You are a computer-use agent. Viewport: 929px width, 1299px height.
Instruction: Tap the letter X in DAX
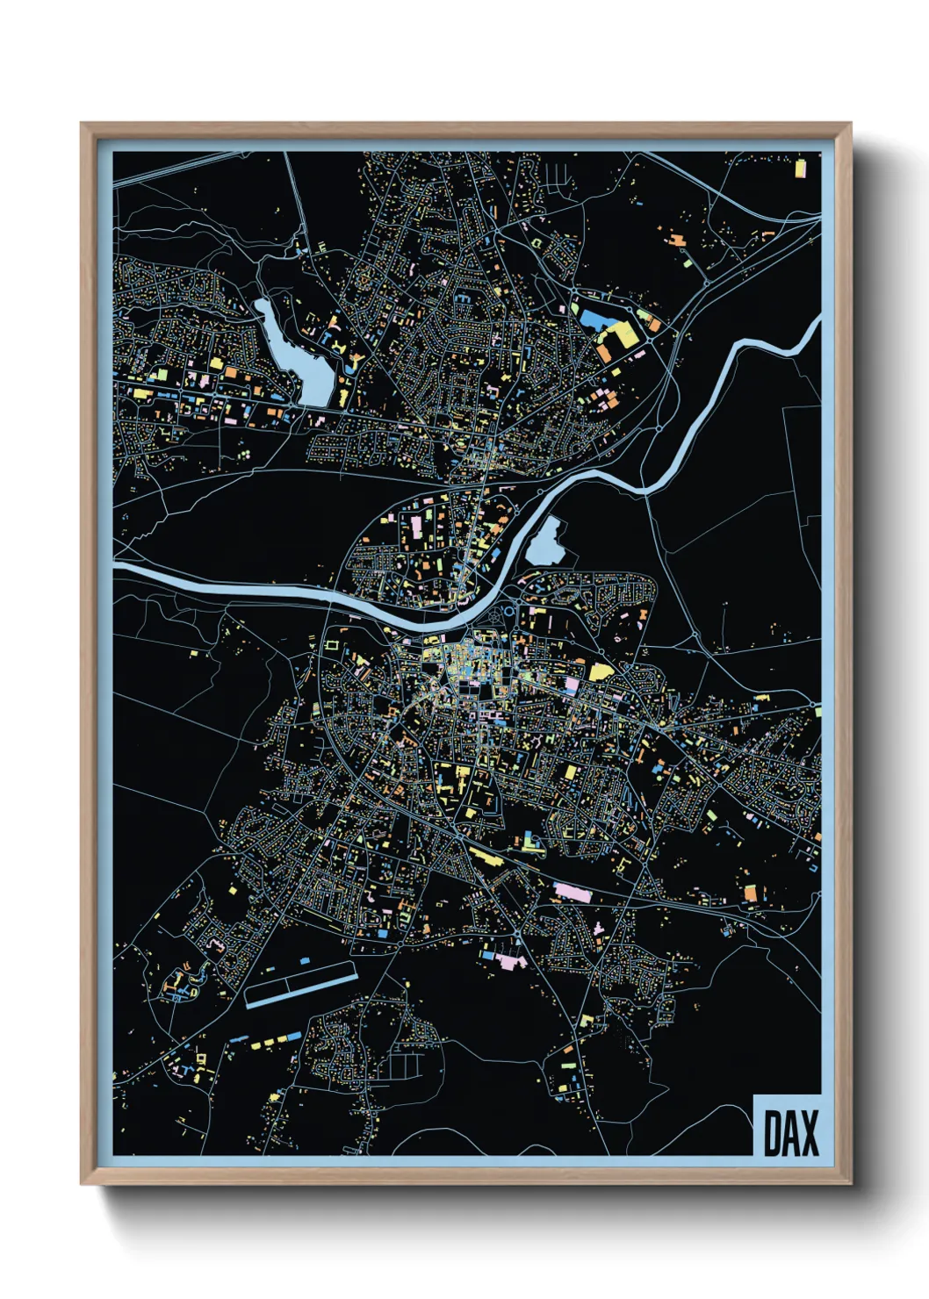808,1133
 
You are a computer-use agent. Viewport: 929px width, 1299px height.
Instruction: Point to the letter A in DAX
789,1133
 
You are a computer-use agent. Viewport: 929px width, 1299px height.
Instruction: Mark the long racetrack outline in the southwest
300,984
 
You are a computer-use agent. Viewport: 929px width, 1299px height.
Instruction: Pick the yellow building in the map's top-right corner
800,168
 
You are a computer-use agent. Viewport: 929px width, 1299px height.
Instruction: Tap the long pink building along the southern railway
572,892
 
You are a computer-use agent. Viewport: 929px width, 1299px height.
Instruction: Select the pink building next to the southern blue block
507,960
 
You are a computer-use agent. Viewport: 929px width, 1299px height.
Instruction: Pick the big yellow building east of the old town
601,672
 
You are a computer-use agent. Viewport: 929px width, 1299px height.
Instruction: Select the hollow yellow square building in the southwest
332,645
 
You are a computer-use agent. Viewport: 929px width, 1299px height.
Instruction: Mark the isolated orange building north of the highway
676,238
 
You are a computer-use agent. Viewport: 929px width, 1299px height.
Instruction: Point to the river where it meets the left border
117,569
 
